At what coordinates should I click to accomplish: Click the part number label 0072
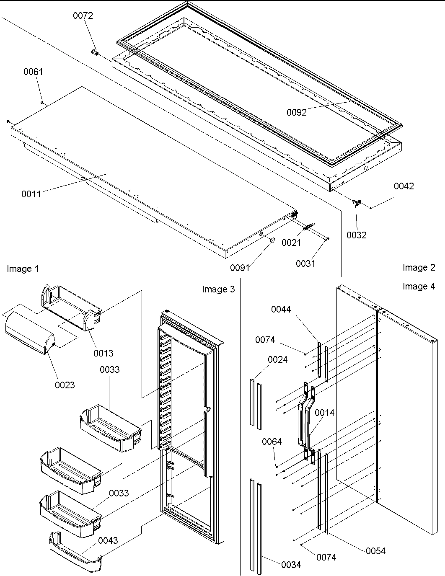(x=83, y=16)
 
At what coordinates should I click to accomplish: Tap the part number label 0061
(x=33, y=72)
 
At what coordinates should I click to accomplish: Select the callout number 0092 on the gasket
(x=297, y=112)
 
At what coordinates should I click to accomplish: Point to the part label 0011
(x=31, y=194)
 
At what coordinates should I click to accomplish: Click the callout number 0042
(x=404, y=186)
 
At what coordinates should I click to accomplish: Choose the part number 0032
(x=356, y=235)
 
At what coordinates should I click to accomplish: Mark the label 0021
(x=291, y=243)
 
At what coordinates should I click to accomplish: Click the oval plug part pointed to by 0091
(x=271, y=240)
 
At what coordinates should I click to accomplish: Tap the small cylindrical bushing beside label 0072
(x=94, y=53)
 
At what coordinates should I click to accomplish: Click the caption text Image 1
(x=23, y=269)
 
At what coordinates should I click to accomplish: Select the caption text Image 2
(x=419, y=267)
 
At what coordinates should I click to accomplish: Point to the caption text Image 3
(x=218, y=289)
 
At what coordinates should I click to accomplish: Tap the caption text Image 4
(x=419, y=286)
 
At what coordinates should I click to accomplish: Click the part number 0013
(x=103, y=353)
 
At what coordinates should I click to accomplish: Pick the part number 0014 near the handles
(x=324, y=413)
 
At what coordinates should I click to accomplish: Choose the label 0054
(x=375, y=551)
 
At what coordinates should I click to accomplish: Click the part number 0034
(x=291, y=565)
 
